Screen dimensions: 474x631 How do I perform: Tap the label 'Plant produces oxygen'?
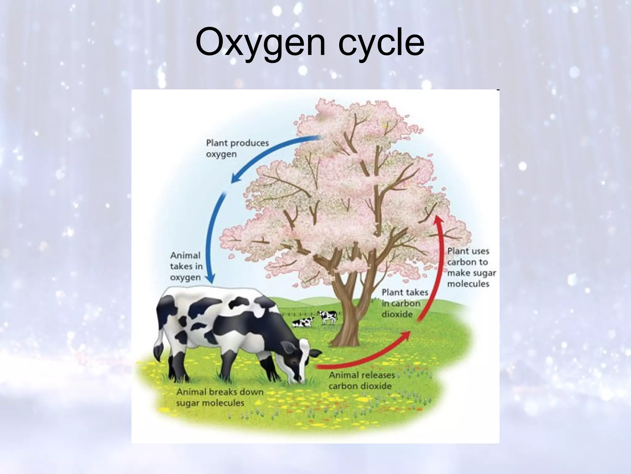pos(237,148)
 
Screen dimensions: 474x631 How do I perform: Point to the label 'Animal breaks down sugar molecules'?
pos(220,397)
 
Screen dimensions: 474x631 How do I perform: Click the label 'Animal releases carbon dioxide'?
pos(362,380)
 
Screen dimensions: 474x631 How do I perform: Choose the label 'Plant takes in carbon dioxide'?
pos(404,303)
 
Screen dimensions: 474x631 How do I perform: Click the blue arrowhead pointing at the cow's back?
pos(211,279)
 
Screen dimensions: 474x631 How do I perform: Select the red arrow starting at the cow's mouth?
pos(364,358)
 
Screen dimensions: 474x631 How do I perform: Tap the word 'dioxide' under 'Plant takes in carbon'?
pos(397,314)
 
